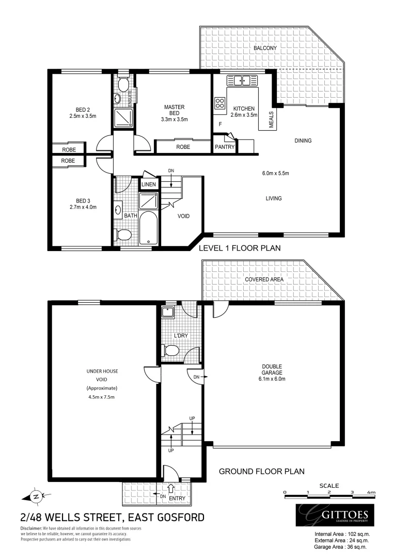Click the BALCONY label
pyautogui.click(x=265, y=48)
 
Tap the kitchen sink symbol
pyautogui.click(x=242, y=80)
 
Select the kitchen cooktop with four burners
pyautogui.click(x=220, y=103)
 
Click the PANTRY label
pyautogui.click(x=225, y=147)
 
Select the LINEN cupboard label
pyautogui.click(x=149, y=184)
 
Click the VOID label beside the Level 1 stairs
pyautogui.click(x=183, y=217)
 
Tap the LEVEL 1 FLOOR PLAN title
pyautogui.click(x=240, y=248)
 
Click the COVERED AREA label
pyautogui.click(x=265, y=280)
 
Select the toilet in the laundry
pyautogui.click(x=171, y=351)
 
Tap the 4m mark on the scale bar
pyautogui.click(x=371, y=492)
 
